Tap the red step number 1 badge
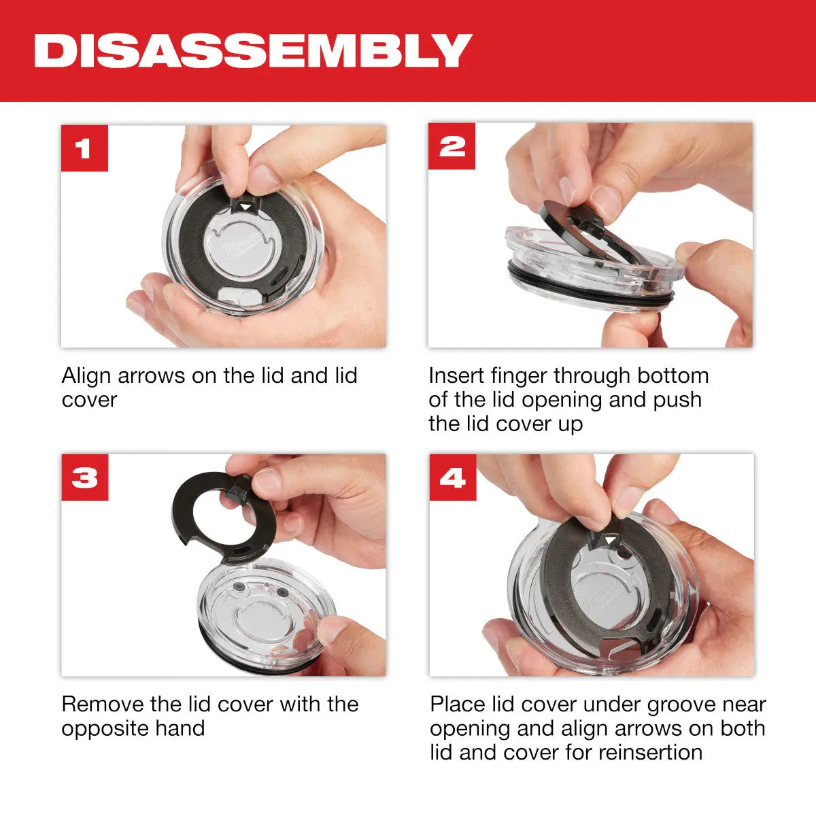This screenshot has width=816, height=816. coord(84,148)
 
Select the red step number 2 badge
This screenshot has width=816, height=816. coord(452,147)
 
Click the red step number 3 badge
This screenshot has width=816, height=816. coord(84,477)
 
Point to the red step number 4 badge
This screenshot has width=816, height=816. coord(452,477)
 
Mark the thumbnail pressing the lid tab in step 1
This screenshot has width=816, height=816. coord(262,178)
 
